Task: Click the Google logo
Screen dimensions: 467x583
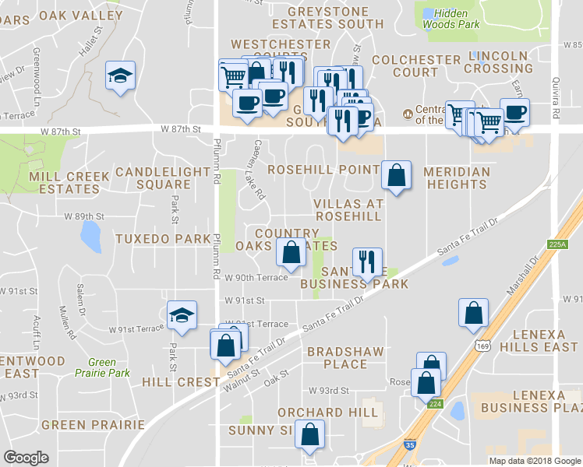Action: [x=26, y=458]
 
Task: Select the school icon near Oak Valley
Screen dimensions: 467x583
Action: [x=119, y=76]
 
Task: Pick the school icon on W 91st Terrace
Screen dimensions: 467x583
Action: [x=182, y=315]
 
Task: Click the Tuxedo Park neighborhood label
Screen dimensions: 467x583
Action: [x=163, y=238]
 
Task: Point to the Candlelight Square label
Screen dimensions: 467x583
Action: [x=153, y=178]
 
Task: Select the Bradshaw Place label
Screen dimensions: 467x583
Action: [x=345, y=357]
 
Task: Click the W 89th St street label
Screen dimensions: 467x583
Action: [x=84, y=216]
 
